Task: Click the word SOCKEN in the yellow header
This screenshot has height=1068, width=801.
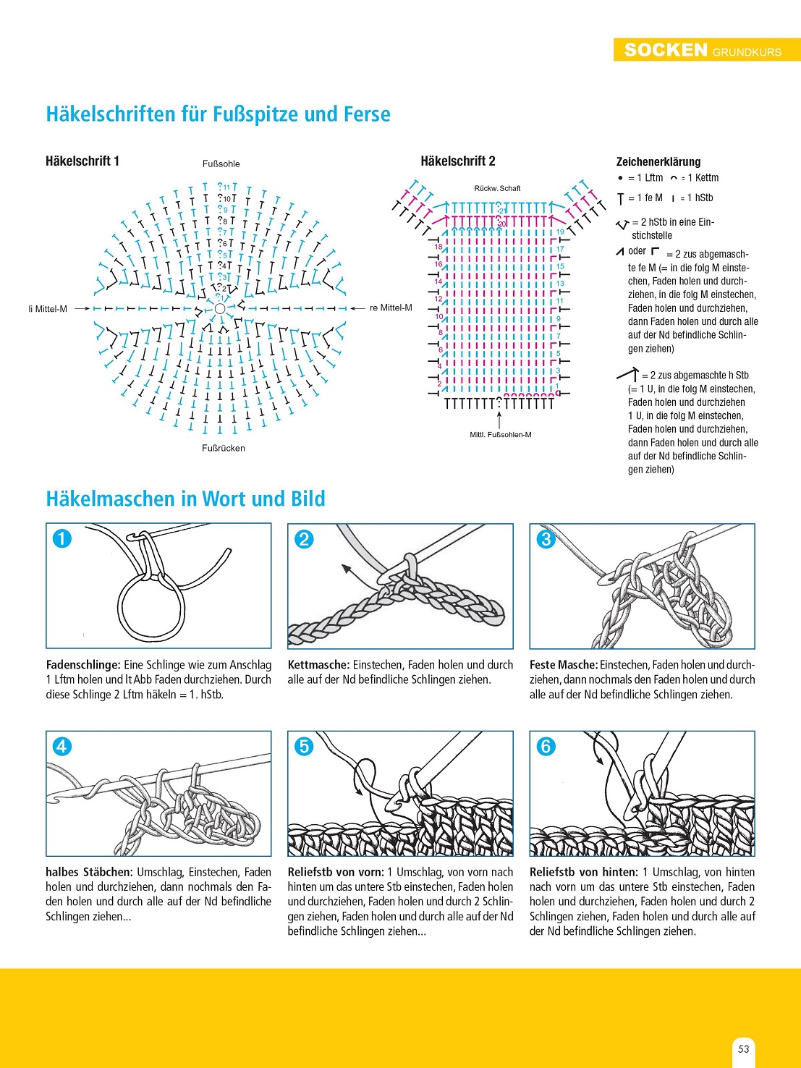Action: pos(665,50)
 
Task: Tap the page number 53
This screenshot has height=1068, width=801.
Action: pos(743,1048)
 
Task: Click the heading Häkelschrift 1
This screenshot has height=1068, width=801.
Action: pos(82,161)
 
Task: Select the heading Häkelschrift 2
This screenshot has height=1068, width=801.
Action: pos(458,161)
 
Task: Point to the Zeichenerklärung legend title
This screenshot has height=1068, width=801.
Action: pos(658,161)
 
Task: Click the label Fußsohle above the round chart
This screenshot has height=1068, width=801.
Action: pos(221,164)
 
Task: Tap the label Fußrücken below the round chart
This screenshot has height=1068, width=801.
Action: pos(223,448)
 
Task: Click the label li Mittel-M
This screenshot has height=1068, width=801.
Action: pos(48,309)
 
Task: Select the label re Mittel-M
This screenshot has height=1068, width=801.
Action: pos(391,308)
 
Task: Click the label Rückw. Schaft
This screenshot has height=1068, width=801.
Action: pos(497,188)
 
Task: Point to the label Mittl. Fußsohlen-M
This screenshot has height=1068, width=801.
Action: pos(500,434)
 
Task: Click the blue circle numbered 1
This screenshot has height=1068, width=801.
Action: pos(62,538)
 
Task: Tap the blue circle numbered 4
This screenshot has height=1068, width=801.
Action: pos(62,746)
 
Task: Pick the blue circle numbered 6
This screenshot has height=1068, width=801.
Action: pos(546,746)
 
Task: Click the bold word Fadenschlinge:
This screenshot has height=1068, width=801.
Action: pos(82,664)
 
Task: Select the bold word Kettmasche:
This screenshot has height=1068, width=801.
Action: pos(318,664)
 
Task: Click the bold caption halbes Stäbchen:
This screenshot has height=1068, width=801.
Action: pos(89,872)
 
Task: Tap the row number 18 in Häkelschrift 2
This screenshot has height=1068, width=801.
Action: pos(438,247)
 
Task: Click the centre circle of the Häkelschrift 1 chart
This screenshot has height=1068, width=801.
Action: pos(220,308)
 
